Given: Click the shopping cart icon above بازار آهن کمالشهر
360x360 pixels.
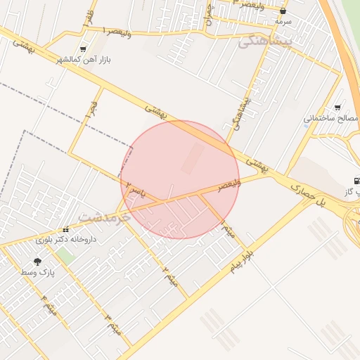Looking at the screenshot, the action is (x=84, y=49).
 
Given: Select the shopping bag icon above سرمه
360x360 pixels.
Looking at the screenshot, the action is (x=283, y=11).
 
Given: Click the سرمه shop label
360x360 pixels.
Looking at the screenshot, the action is (x=283, y=22).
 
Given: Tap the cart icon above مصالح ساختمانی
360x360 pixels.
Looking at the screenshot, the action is (x=338, y=108).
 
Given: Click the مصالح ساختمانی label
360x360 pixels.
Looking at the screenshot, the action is (x=331, y=118).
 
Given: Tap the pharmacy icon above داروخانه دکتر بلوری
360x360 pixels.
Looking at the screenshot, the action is (x=66, y=229).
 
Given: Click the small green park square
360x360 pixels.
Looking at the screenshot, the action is (x=65, y=256).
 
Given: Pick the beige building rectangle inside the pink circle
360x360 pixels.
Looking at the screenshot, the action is (x=193, y=159).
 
